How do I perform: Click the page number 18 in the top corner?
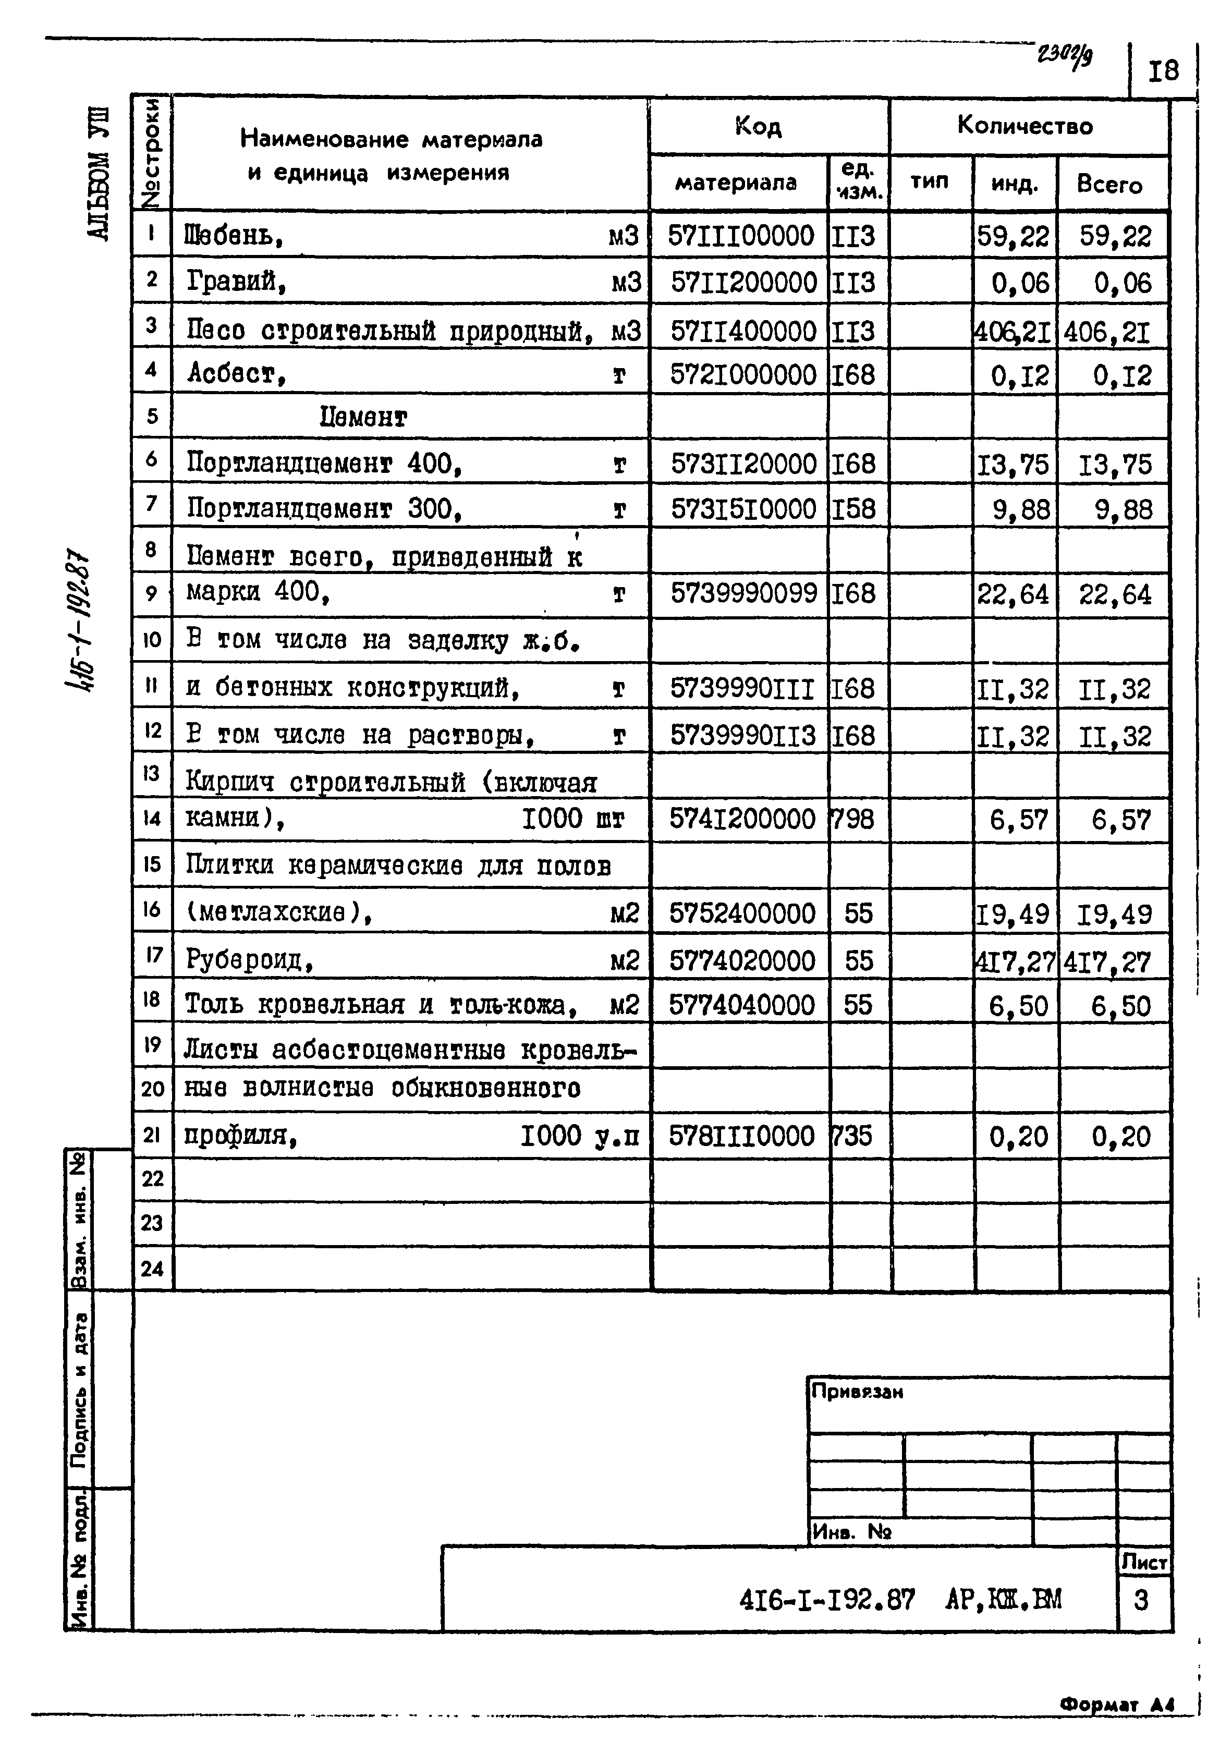coord(1163,71)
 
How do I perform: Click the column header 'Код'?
coord(758,126)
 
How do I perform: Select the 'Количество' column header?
coord(1025,125)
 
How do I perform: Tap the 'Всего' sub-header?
coord(1109,184)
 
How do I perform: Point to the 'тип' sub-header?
coord(930,182)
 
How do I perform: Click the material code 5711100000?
coord(740,236)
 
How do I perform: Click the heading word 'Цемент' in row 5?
coord(363,417)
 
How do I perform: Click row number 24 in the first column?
coord(152,1269)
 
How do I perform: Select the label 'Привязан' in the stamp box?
coord(857,1392)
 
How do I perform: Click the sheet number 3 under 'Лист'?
coord(1141,1600)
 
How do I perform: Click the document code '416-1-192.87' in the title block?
coord(827,1599)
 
